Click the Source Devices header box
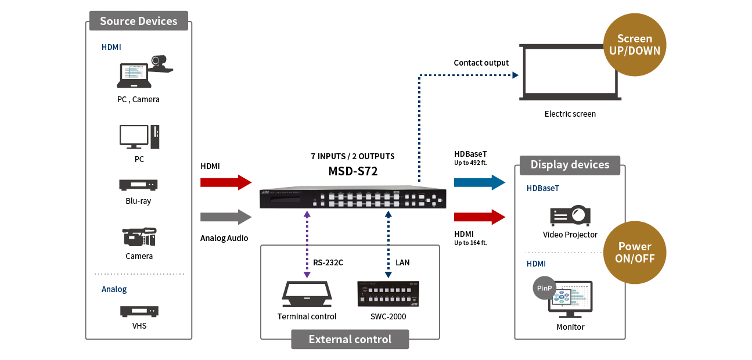(x=138, y=21)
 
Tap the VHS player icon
(x=139, y=311)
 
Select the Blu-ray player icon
(x=139, y=185)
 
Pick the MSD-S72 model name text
(x=352, y=172)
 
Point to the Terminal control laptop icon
(x=306, y=294)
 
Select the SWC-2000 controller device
(x=388, y=294)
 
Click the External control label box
(x=350, y=340)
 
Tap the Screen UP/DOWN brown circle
(x=635, y=45)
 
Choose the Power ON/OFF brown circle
(x=635, y=253)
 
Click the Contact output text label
(x=481, y=63)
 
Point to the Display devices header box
(x=570, y=165)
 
